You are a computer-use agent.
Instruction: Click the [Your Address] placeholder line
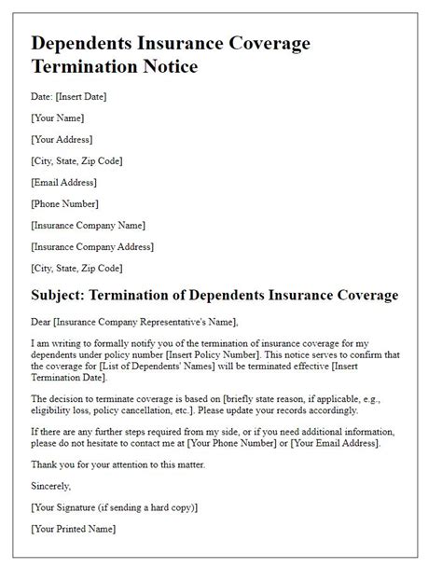pos(62,139)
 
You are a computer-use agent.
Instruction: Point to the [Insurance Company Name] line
pos(88,225)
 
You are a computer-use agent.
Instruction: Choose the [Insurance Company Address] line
pos(92,246)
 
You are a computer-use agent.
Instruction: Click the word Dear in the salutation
pos(41,322)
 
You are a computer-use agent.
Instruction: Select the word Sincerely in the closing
pos(51,486)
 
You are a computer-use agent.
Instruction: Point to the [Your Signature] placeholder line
pos(114,506)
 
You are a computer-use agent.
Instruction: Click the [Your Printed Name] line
pos(74,528)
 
